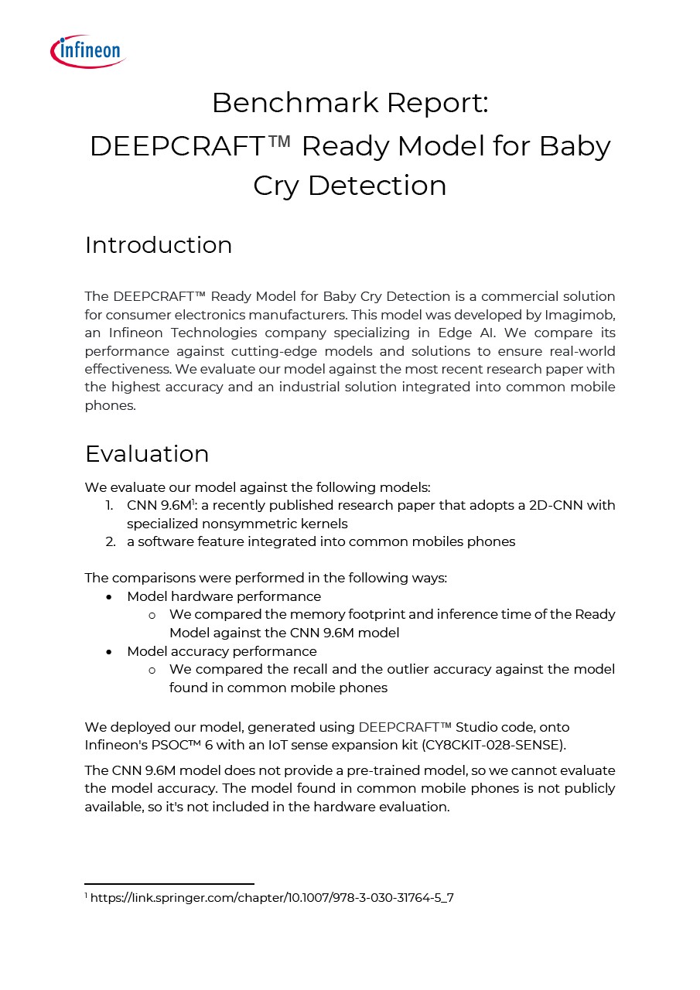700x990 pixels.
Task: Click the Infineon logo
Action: pyautogui.click(x=87, y=51)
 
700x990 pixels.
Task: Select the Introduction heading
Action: pyautogui.click(x=159, y=244)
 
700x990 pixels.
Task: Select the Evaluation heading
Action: pyautogui.click(x=147, y=453)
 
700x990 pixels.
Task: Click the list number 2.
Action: pyautogui.click(x=111, y=541)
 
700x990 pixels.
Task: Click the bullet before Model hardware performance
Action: pyautogui.click(x=111, y=597)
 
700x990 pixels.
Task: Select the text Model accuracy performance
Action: pyautogui.click(x=222, y=651)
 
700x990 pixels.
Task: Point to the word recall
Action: pyautogui.click(x=361, y=669)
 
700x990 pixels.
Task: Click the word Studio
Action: pyautogui.click(x=478, y=727)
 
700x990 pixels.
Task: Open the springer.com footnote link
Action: pyautogui.click(x=271, y=898)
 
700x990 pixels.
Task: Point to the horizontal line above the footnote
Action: pyautogui.click(x=169, y=883)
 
